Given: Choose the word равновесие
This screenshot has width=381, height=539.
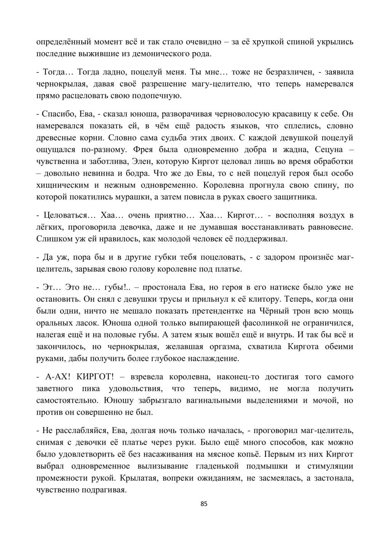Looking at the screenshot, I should click(x=330, y=228).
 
